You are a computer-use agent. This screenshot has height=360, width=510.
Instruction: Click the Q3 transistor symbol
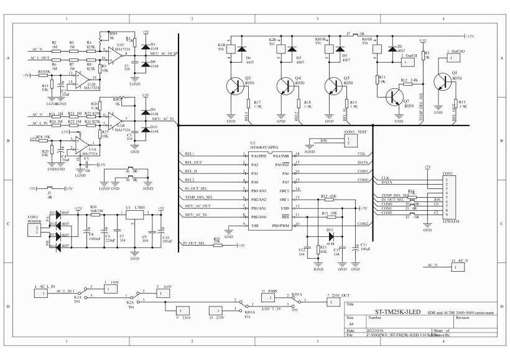point(236,86)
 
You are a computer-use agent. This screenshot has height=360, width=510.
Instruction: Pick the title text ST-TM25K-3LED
point(397,311)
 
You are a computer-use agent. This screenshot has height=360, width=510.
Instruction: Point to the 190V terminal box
point(112,287)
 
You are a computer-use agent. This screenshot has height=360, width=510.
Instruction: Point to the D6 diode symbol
point(243,49)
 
